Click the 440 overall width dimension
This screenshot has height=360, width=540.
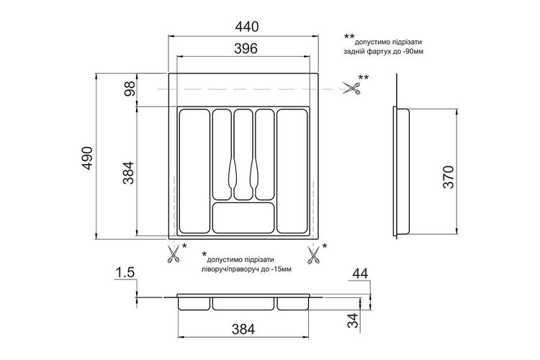[246, 27]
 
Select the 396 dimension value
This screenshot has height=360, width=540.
[246, 48]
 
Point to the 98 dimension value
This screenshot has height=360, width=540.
[130, 89]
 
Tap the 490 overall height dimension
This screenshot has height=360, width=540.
[87, 158]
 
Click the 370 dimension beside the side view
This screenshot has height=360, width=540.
[448, 177]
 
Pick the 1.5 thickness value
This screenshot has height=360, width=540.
[125, 272]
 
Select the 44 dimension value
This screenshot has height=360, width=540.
[360, 274]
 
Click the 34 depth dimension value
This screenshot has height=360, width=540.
[354, 320]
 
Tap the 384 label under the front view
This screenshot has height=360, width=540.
[243, 329]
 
